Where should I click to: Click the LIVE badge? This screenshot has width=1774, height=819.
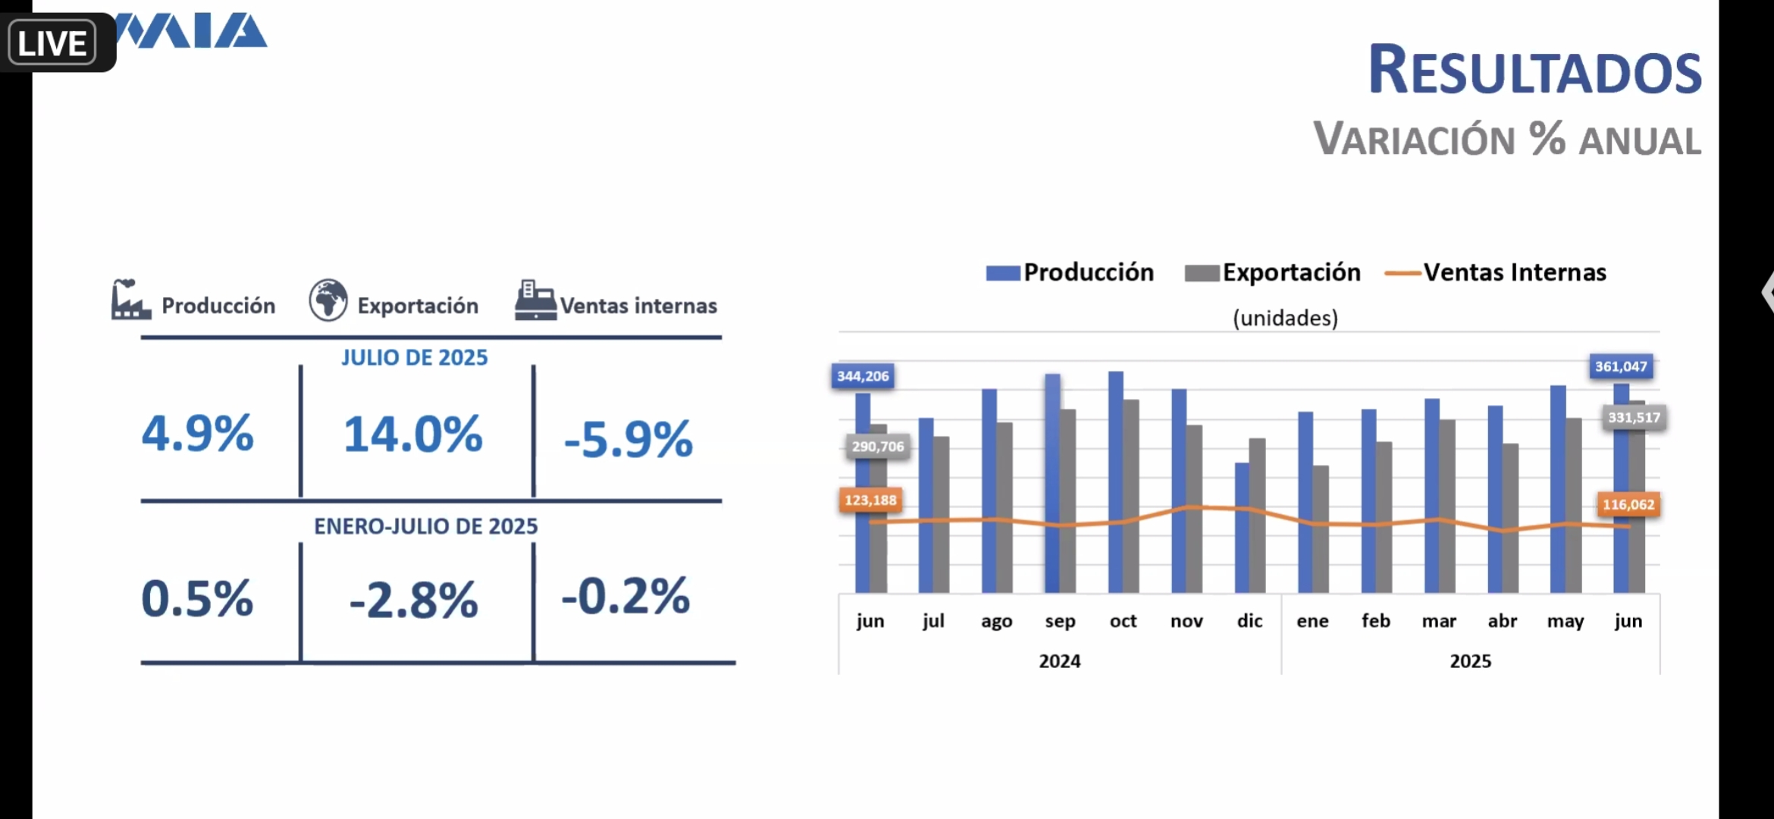52,43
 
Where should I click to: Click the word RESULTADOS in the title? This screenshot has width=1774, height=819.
1534,71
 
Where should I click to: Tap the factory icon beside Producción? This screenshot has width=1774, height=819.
130,300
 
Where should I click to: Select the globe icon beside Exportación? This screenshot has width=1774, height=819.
328,300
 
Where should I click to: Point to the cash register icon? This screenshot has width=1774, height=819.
535,300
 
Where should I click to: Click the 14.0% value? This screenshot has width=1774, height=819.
413,435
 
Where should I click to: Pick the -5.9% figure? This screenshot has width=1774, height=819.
628,439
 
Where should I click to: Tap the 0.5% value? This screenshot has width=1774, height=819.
198,599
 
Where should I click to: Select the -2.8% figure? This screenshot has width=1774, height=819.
414,601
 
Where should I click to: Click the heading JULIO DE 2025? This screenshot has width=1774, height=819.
415,357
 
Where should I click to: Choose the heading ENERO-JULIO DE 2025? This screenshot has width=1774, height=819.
426,526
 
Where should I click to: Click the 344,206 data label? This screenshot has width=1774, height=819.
863,376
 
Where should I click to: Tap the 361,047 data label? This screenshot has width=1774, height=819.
1621,367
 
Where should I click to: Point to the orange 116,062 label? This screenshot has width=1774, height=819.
1628,504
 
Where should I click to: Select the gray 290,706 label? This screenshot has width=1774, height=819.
878,447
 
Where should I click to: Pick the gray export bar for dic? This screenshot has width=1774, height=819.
1257,516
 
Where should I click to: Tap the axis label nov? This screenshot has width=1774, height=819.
1186,621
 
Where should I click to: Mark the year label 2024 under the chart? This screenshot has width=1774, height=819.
1060,661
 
